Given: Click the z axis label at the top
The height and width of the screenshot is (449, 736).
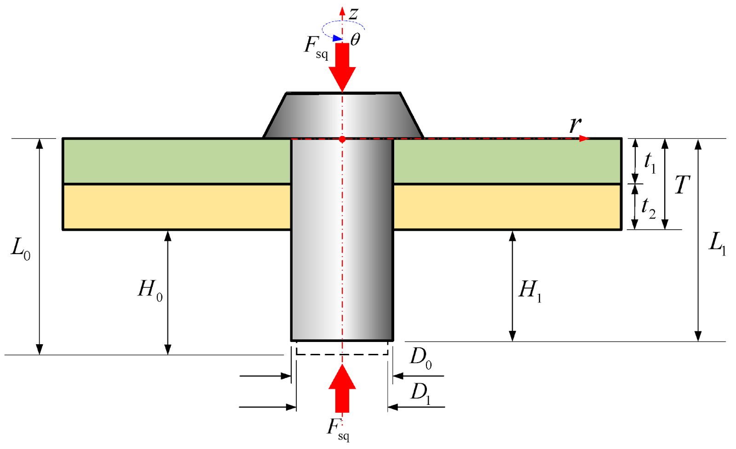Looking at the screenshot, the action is (354, 14).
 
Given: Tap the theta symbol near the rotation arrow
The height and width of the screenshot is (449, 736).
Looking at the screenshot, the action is (355, 40).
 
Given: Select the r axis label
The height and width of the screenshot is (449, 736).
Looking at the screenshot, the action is (575, 125).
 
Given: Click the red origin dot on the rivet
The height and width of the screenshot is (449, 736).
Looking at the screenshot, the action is (342, 140).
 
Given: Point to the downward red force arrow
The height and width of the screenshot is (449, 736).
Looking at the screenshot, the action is (342, 67).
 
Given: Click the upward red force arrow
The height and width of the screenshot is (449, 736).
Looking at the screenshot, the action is (342, 388).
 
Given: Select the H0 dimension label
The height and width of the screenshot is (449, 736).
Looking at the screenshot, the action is (150, 290).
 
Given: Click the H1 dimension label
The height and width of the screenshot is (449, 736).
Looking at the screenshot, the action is (529, 290).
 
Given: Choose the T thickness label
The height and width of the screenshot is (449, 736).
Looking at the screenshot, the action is (682, 184).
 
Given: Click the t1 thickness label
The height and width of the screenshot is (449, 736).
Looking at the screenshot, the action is (650, 163).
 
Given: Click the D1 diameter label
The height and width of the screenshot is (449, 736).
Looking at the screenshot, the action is (420, 394).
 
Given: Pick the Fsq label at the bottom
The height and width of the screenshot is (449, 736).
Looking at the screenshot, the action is (338, 430).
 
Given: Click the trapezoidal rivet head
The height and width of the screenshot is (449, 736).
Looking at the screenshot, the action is (343, 115).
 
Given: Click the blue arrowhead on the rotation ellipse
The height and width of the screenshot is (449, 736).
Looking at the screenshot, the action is (338, 39).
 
